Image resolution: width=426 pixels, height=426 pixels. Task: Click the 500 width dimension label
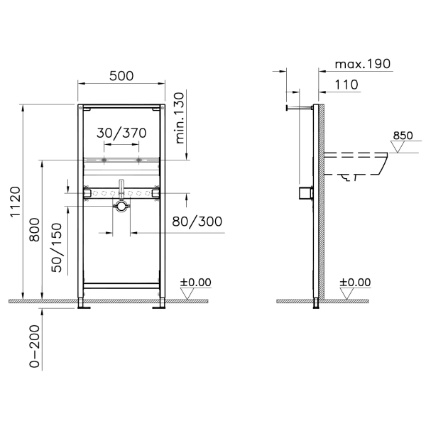click(122, 76)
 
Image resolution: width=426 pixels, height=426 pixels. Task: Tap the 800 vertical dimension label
click(33, 231)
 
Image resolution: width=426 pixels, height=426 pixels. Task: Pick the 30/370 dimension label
click(122, 133)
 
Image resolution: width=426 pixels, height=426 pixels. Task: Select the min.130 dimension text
click(180, 117)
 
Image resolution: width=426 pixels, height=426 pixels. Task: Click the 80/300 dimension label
click(197, 222)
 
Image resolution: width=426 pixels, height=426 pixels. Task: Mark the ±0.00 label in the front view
click(195, 282)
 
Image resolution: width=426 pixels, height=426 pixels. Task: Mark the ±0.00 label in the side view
click(355, 282)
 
